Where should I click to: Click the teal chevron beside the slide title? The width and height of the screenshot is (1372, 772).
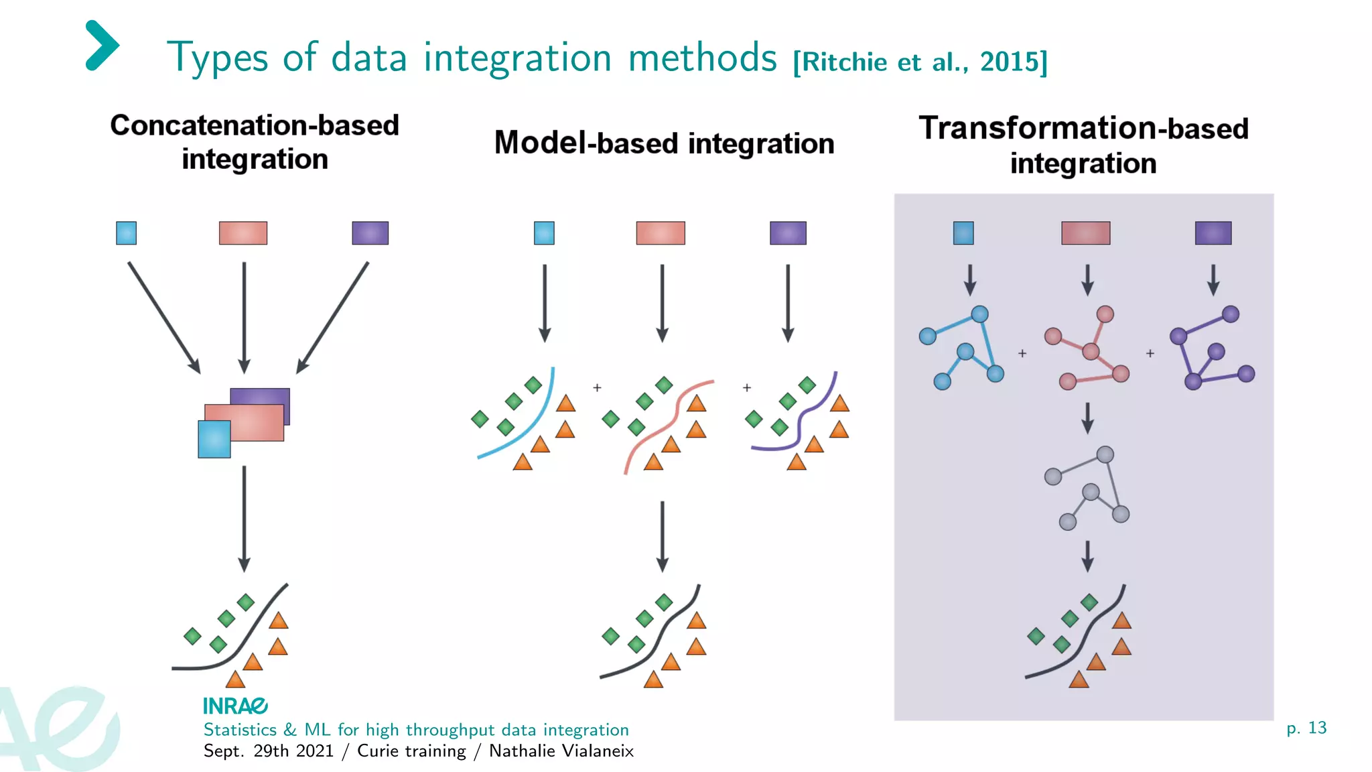click(102, 46)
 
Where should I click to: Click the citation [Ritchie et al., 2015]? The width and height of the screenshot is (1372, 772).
click(920, 62)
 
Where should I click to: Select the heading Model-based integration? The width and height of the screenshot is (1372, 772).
click(664, 143)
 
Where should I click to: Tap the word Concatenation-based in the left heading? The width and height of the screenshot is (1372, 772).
click(255, 125)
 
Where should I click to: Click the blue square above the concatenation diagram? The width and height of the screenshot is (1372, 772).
click(126, 233)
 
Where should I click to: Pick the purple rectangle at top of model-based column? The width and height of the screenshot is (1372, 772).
click(788, 233)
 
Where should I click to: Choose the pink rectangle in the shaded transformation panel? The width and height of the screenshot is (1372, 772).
click(1085, 233)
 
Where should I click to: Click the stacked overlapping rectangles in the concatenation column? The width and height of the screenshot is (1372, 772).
click(244, 422)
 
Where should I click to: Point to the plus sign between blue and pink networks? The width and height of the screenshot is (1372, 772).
click(1022, 353)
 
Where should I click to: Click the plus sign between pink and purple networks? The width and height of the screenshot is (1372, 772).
click(1150, 353)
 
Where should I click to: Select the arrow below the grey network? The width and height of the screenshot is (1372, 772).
click(1088, 556)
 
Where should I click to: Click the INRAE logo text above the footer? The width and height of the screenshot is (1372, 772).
click(235, 706)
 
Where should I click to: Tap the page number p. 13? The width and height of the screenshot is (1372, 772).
click(1306, 728)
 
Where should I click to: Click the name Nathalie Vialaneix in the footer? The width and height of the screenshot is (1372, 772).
click(561, 751)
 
